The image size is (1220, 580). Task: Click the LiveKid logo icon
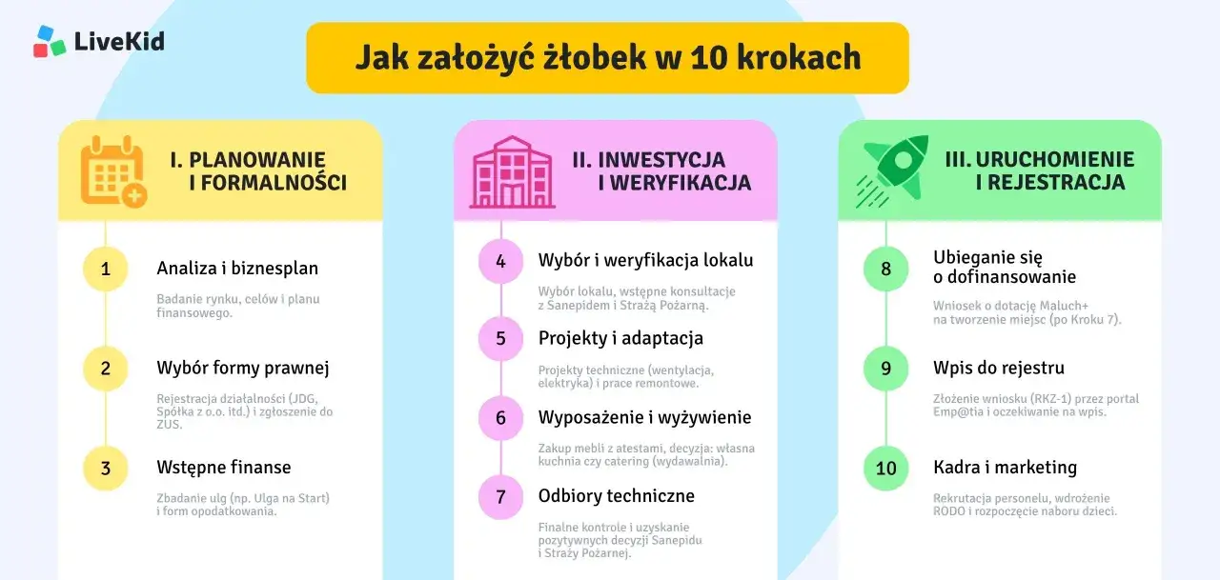pos(50,41)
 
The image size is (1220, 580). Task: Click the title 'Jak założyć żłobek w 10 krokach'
pos(608,57)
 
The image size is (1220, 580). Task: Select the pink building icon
pos(512,171)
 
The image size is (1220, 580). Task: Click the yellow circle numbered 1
pos(106,269)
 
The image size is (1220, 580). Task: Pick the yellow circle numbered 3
pos(106,468)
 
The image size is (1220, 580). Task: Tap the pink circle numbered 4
pos(500,260)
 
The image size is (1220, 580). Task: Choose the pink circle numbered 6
pos(500,417)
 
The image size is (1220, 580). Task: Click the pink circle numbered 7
pos(500,496)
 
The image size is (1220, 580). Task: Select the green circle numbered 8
pos(885,269)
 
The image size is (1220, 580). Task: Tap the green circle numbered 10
pos(885,468)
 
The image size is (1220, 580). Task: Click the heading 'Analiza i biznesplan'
pos(237,269)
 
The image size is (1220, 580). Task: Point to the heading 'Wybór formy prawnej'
pos(243,368)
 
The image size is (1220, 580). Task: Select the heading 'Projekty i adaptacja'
pos(620,338)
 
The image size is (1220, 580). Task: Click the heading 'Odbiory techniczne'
pos(617,496)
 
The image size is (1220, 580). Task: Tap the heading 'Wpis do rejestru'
pos(999,368)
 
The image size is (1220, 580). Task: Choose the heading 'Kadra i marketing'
pos(1005,468)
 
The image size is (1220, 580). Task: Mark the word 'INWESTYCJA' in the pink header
pos(662,160)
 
